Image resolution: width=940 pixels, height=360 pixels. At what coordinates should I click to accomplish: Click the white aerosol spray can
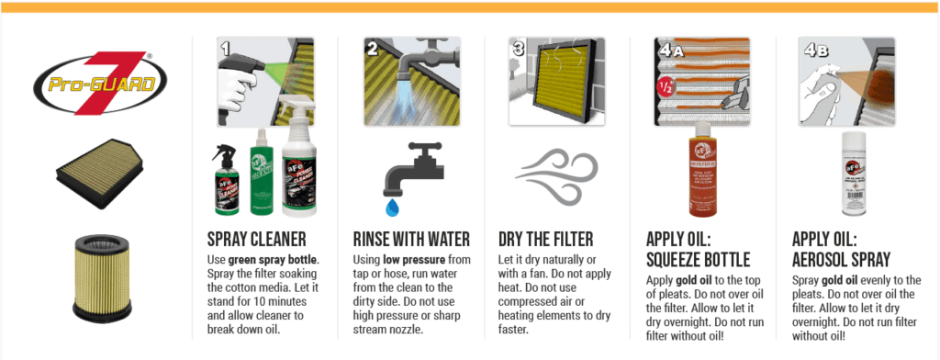[x=852, y=174]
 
